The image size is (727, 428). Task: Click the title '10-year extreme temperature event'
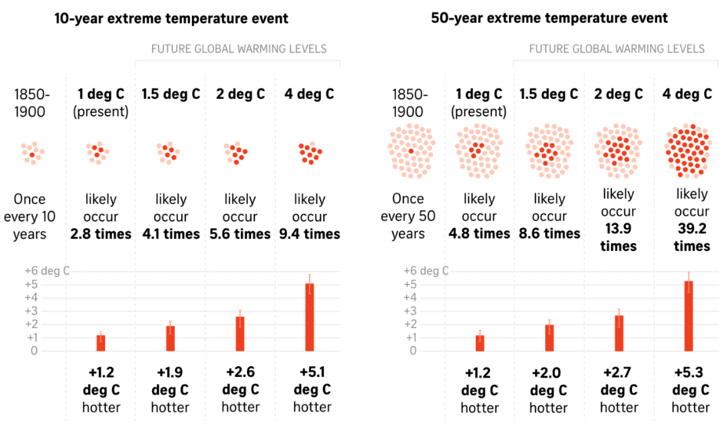(171, 18)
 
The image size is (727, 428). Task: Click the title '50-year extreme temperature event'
(549, 18)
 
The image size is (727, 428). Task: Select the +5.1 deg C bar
(310, 317)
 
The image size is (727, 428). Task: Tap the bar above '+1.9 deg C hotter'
(170, 338)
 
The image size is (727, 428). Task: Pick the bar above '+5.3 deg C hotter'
(689, 316)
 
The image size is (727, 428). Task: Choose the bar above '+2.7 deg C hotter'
(619, 333)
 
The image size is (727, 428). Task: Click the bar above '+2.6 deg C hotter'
(240, 334)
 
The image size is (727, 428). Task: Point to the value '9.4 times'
(310, 234)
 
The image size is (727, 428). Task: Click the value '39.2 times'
(691, 237)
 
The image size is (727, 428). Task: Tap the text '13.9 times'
(618, 237)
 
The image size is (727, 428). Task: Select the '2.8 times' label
(101, 234)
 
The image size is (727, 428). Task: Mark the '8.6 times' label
(549, 234)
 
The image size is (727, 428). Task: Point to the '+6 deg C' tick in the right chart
(425, 271)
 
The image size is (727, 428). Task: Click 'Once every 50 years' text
(408, 216)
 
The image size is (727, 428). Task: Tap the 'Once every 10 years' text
(30, 217)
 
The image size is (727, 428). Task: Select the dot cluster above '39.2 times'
(687, 150)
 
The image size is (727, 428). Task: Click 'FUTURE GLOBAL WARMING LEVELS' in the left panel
(239, 48)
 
